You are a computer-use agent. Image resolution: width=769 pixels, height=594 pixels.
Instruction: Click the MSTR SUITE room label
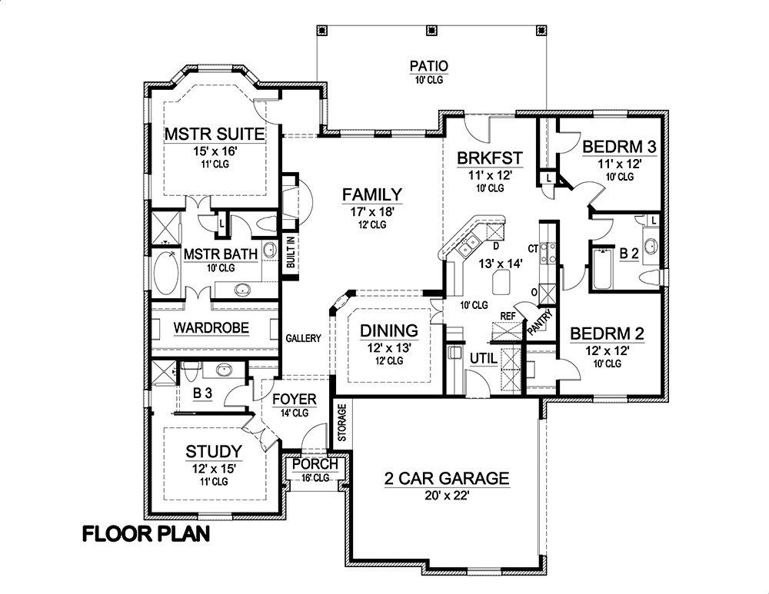[x=215, y=134]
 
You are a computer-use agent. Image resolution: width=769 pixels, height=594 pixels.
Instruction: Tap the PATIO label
[x=428, y=66]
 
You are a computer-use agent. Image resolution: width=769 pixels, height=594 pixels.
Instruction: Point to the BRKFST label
[x=490, y=159]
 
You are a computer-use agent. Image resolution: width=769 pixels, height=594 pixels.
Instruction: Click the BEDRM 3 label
[x=612, y=147]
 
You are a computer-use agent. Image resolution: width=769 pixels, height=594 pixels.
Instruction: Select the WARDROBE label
[x=211, y=328]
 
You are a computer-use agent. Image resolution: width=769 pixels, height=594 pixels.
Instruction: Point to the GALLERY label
[x=302, y=338]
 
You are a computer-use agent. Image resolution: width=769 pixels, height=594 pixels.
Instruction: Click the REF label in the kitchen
[x=508, y=316]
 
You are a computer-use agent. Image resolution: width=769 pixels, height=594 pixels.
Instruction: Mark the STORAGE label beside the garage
[x=341, y=421]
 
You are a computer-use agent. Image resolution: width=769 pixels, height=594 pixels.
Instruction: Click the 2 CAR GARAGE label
[x=446, y=479]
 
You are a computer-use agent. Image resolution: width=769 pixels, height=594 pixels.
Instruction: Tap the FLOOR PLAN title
[x=145, y=534]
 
